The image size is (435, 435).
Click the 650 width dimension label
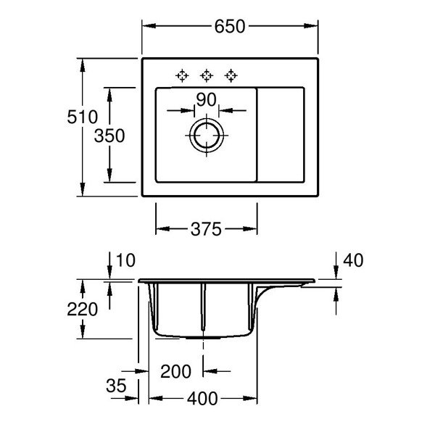pyautogui.click(x=228, y=26)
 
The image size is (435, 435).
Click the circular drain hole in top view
pyautogui.click(x=207, y=136)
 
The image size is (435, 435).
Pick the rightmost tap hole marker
pyautogui.click(x=231, y=75)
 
